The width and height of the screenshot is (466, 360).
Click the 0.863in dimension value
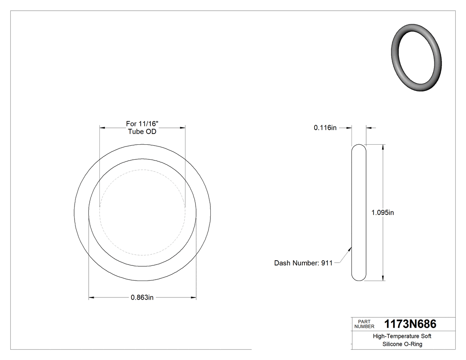(142, 297)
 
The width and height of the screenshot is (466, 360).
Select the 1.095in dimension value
(383, 213)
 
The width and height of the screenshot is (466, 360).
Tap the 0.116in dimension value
(325, 128)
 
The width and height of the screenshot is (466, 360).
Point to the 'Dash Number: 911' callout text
(303, 263)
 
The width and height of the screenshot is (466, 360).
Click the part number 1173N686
(410, 324)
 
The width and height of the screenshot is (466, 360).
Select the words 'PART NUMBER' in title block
(364, 324)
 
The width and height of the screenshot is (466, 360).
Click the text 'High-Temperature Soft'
(402, 336)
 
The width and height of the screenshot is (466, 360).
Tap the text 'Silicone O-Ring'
(402, 344)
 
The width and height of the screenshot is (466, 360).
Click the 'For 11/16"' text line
(142, 124)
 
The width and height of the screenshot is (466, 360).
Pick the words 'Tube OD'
(142, 131)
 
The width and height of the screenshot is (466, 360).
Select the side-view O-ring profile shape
(359, 213)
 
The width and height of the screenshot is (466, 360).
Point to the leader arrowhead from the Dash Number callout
(351, 249)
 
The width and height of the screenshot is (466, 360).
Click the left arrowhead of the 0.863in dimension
(91, 297)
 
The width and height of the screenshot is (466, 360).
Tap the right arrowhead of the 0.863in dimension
(194, 297)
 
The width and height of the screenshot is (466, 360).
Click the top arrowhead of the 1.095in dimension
(383, 147)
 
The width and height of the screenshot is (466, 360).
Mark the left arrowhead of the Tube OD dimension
(102, 128)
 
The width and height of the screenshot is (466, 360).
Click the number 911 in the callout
(327, 263)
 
